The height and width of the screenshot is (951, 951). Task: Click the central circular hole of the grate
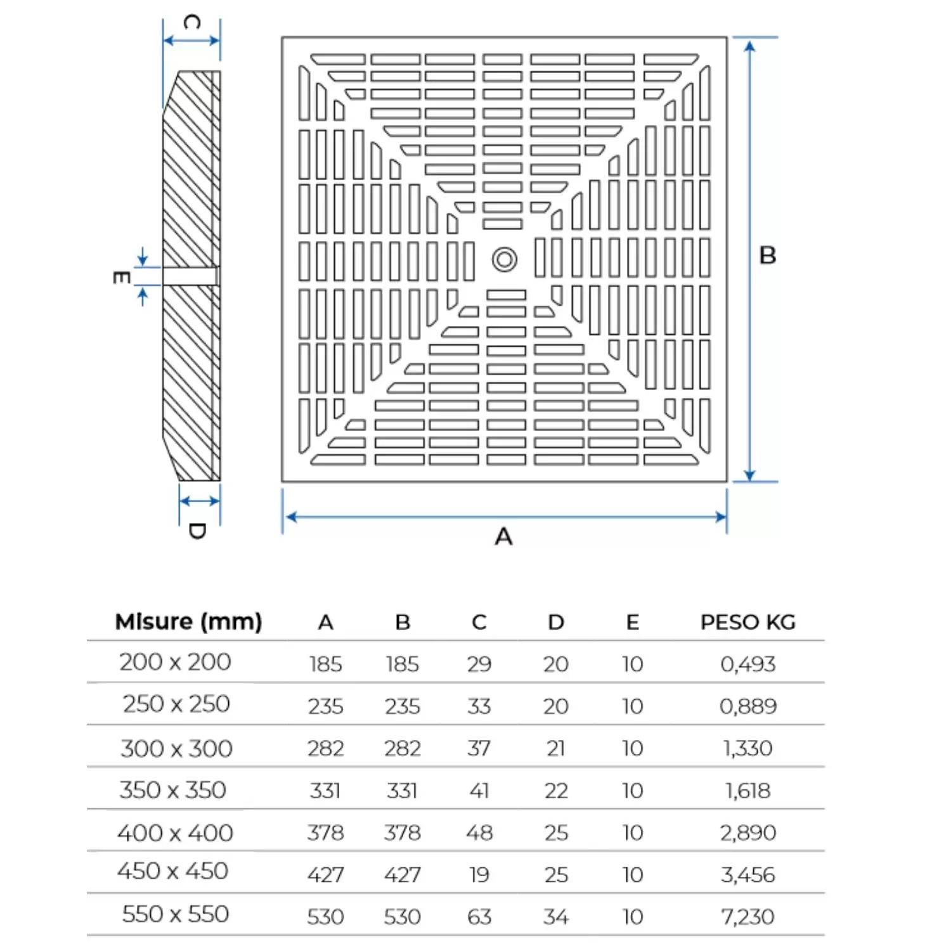[x=505, y=259]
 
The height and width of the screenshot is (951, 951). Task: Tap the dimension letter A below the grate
[x=503, y=537]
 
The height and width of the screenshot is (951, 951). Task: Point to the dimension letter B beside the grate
[x=768, y=256]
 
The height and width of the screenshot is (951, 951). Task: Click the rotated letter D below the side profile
[x=197, y=531]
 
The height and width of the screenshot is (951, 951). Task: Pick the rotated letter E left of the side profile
[x=121, y=278]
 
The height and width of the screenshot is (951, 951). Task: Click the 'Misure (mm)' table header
[x=188, y=622]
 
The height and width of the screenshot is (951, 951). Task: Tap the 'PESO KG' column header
[x=747, y=623]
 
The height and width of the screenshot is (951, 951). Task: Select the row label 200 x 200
[x=175, y=663]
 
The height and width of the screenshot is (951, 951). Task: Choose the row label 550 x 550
[x=175, y=914]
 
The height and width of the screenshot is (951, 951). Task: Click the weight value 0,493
[x=747, y=664]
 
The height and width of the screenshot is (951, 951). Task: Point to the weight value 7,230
[x=747, y=917]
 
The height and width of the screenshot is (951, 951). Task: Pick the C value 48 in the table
[x=479, y=832]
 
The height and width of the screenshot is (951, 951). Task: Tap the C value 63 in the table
[x=479, y=917]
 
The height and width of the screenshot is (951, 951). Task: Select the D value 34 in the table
[x=556, y=917]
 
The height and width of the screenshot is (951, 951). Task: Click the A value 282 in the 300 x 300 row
[x=325, y=749]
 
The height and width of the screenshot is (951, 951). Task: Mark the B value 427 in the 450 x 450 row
[x=402, y=875]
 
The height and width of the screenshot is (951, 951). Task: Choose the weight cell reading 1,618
[x=747, y=791]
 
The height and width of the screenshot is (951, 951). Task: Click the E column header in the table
[x=632, y=623]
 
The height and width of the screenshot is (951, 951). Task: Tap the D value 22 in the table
[x=556, y=791]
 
